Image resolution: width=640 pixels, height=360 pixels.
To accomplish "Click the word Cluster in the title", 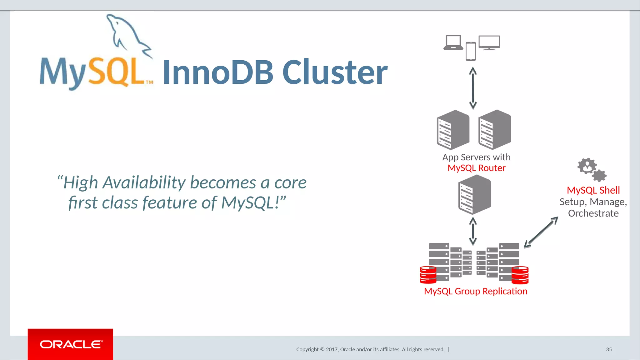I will coord(335,72).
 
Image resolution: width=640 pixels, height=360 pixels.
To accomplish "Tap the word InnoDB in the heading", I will coord(218,72).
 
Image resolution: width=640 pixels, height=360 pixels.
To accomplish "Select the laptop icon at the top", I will coord(453,43).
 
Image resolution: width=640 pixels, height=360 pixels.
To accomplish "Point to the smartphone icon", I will coord(471,51).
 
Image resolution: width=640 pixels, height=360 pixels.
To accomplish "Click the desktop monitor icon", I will coord(489,43).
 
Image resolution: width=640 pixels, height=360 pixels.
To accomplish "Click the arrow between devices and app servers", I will coord(473,88).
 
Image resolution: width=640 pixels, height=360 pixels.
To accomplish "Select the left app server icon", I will coord(453,130).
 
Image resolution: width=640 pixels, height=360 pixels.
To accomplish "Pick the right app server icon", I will coord(495,130).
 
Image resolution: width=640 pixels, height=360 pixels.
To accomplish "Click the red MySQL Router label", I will coord(476,168).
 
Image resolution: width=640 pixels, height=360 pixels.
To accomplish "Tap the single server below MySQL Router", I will coord(474,195).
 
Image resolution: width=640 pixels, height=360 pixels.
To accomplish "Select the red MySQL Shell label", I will coord(593,190).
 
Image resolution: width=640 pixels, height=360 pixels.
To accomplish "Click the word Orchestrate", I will coord(593,213).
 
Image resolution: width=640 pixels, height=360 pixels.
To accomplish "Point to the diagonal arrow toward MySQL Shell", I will coord(541,232).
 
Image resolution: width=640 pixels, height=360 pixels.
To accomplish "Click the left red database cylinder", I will coord(428,275).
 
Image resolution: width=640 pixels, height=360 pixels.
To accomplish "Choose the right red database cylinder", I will coord(520,275).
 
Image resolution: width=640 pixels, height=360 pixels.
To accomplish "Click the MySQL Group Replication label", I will coord(476,291).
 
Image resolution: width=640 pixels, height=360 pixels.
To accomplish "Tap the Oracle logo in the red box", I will coord(71,344).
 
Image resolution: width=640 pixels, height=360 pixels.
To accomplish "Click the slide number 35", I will coord(609,349).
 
